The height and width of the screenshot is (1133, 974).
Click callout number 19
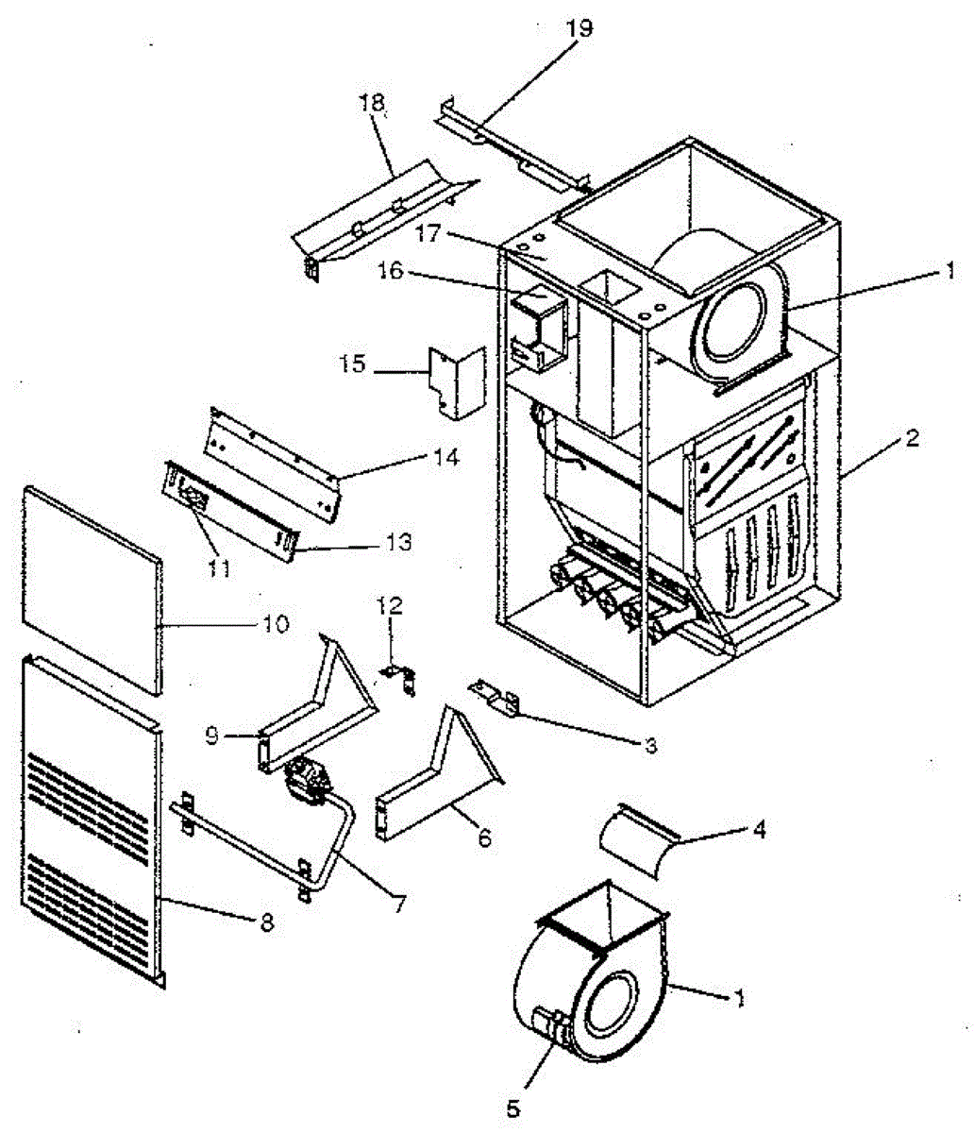579,27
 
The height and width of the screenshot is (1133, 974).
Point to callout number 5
513,1109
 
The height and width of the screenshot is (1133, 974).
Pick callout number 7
399,903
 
